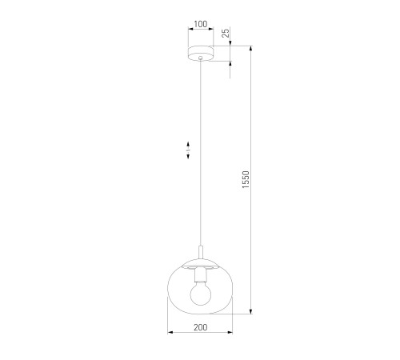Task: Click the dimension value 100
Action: point(201,24)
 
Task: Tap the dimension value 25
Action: point(226,33)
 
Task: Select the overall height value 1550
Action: point(246,179)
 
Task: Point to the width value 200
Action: point(200,327)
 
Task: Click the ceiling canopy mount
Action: point(201,54)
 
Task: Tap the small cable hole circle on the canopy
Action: point(201,58)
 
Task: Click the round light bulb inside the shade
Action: point(201,294)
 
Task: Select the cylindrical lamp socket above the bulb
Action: point(201,275)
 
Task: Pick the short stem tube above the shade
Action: point(201,252)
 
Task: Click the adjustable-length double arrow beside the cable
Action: point(188,150)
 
